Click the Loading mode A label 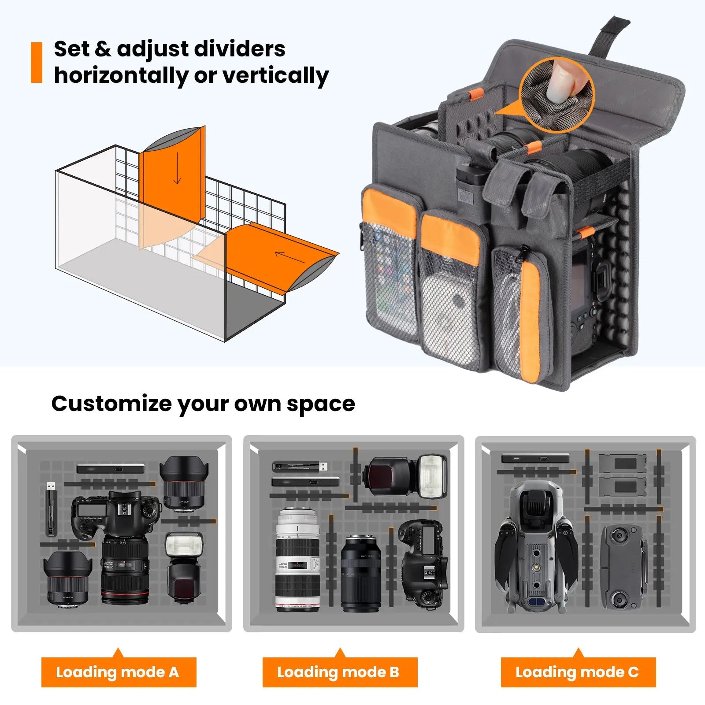point(118,672)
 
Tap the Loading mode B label point(339,672)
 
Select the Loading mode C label point(578,672)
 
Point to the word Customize point(111,404)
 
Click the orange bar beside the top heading point(37,63)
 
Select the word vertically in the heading point(275,76)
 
